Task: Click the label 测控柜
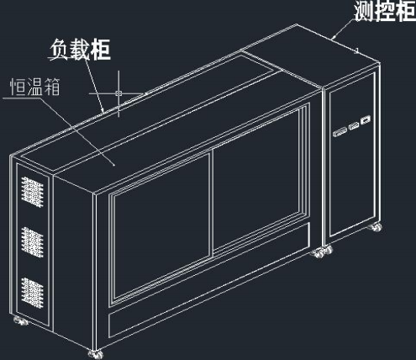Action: point(385,11)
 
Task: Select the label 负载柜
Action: point(81,50)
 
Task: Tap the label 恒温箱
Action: point(35,87)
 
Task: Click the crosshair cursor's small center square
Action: point(118,93)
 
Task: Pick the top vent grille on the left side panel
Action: point(32,192)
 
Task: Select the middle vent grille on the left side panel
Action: point(32,243)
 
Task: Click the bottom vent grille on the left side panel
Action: point(32,294)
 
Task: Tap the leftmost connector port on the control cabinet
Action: point(340,132)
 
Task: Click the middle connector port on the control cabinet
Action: point(354,126)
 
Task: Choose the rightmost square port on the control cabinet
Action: point(366,120)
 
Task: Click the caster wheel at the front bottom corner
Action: point(96,354)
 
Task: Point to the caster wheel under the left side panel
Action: point(21,320)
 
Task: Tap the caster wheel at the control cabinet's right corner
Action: point(375,227)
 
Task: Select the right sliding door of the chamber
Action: point(255,179)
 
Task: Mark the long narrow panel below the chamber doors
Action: point(209,280)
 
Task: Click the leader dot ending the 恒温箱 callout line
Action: point(114,165)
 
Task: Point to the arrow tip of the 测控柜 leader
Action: point(334,38)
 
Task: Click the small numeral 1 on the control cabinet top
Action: point(357,50)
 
